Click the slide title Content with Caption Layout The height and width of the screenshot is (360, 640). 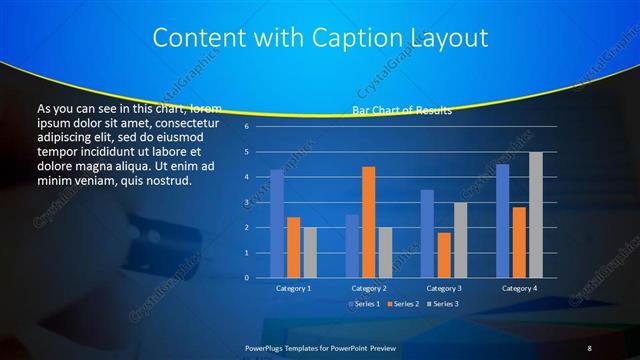320,38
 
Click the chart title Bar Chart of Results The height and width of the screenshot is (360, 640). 401,110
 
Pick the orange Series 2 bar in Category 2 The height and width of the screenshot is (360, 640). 368,222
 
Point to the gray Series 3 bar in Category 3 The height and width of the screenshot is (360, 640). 459,240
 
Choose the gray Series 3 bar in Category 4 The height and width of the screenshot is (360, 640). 535,215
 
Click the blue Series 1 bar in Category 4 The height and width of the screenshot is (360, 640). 502,221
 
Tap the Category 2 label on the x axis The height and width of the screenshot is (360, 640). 368,288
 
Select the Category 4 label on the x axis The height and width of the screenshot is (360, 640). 518,288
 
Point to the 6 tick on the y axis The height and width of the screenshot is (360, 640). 246,127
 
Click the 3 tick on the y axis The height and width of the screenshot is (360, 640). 246,203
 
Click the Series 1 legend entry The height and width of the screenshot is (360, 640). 364,303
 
